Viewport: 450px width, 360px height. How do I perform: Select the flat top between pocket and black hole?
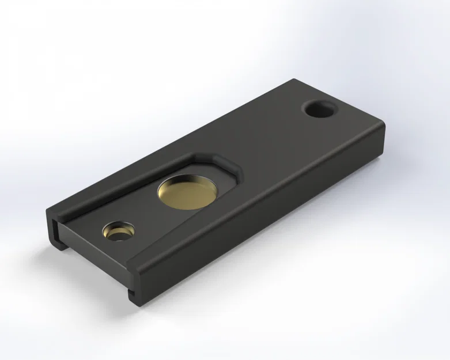coord(271,138)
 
